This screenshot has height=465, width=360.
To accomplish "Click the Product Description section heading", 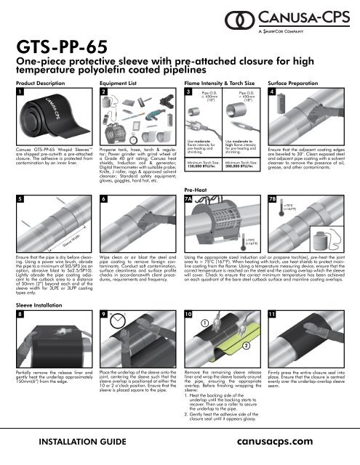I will [x=33, y=83].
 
